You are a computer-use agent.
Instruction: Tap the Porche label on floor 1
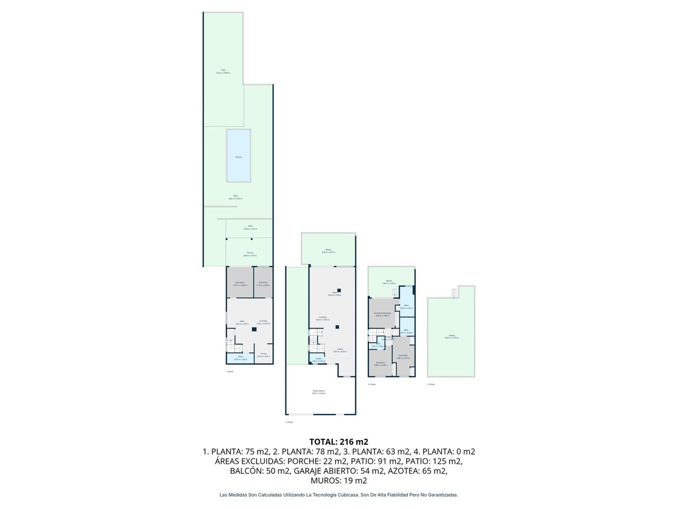pos(249,254)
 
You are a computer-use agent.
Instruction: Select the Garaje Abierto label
pos(319,392)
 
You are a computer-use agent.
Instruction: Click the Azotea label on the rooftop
pos(451,337)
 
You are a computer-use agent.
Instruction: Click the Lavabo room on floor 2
pos(318,359)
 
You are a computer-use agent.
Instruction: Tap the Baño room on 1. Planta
pos(240,357)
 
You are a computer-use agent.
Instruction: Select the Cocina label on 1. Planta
pos(263,355)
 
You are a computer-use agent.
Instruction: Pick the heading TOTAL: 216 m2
pos(339,441)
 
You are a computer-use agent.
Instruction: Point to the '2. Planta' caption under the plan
pos(289,422)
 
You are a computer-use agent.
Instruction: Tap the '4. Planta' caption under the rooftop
pos(431,385)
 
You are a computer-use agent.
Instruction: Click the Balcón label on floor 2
pos(328,251)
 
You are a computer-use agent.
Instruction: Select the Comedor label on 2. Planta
pos(322,318)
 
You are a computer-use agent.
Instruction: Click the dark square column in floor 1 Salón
pos(254,329)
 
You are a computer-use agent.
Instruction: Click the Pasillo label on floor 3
pos(388,339)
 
